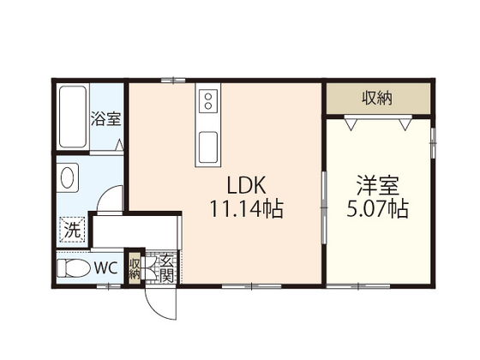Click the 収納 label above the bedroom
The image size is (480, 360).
click(376, 98)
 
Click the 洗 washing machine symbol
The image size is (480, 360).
click(72, 229)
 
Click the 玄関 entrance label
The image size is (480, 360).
click(166, 268)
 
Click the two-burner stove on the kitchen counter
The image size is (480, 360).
click(207, 104)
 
